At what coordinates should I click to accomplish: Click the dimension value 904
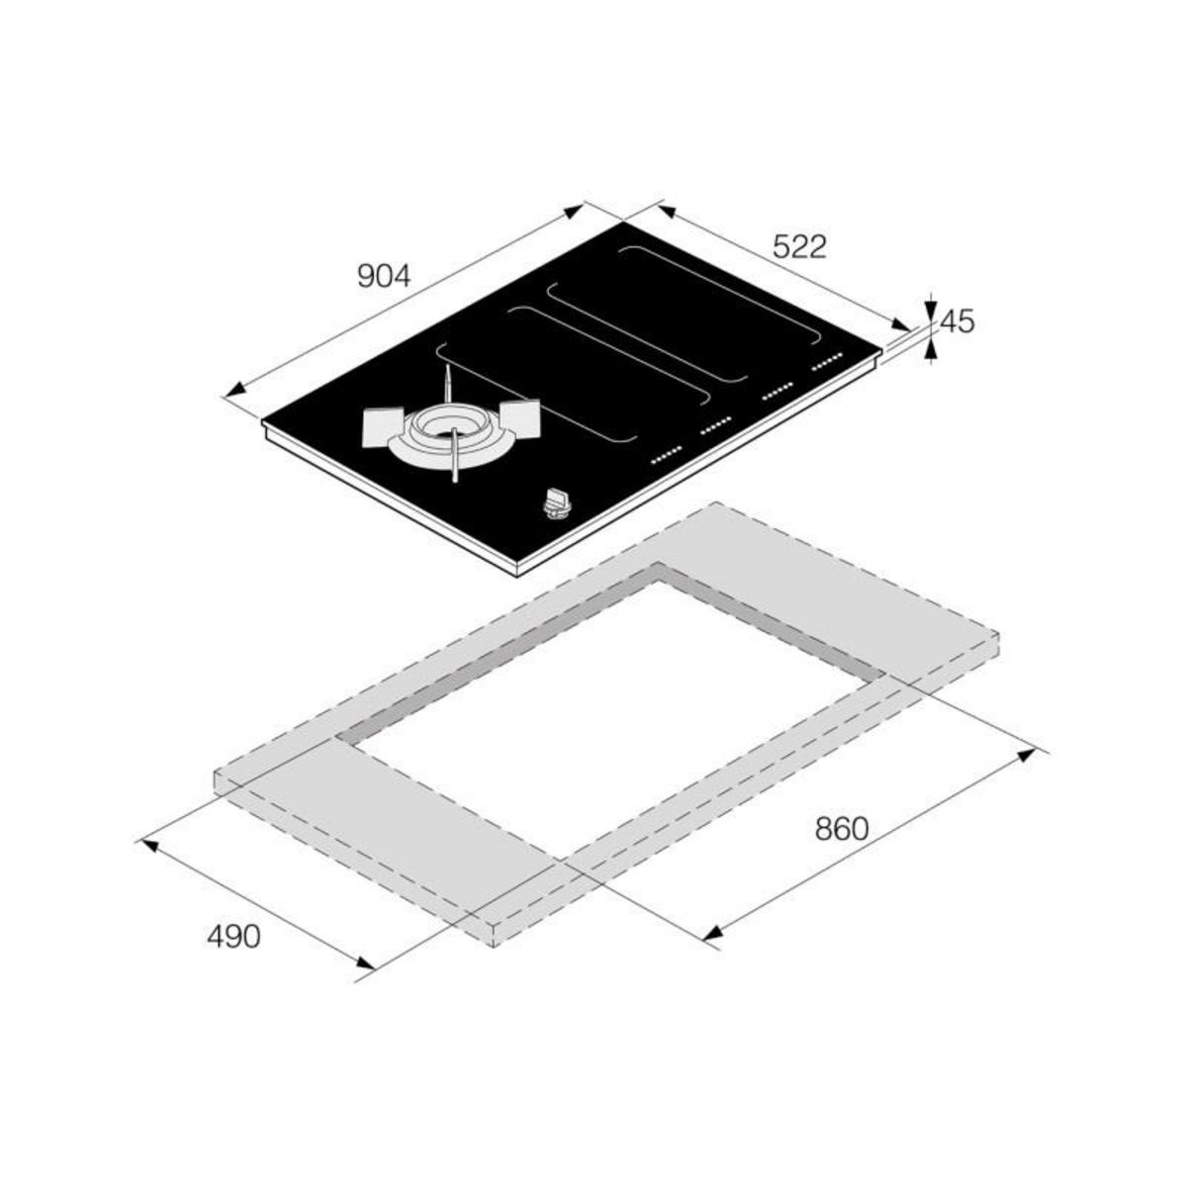pos(384,276)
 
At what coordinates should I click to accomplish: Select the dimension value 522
pos(799,247)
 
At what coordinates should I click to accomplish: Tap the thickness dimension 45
pos(958,321)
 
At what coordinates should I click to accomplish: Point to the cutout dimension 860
pos(842,829)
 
